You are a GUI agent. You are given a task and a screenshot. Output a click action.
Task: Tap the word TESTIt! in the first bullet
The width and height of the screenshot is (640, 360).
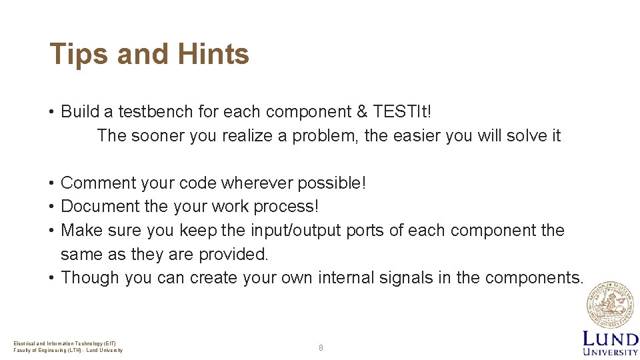point(403,111)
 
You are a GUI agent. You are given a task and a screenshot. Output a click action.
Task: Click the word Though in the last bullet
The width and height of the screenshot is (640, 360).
point(90,277)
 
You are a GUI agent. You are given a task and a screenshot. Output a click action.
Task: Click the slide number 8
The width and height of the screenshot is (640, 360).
point(321,347)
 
